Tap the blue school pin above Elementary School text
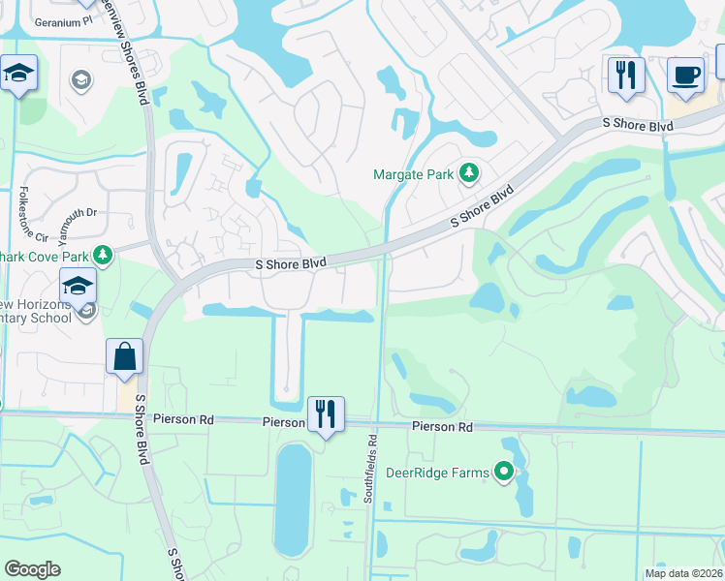point(78,287)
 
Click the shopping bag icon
point(126,356)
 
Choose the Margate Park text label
point(415,174)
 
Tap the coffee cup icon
point(685,76)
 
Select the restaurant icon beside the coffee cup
point(626,76)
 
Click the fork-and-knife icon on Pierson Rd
point(327,414)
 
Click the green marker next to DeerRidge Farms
point(504,472)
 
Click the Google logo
point(33,569)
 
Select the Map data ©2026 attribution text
point(683,573)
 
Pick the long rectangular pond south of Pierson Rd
point(294,501)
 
